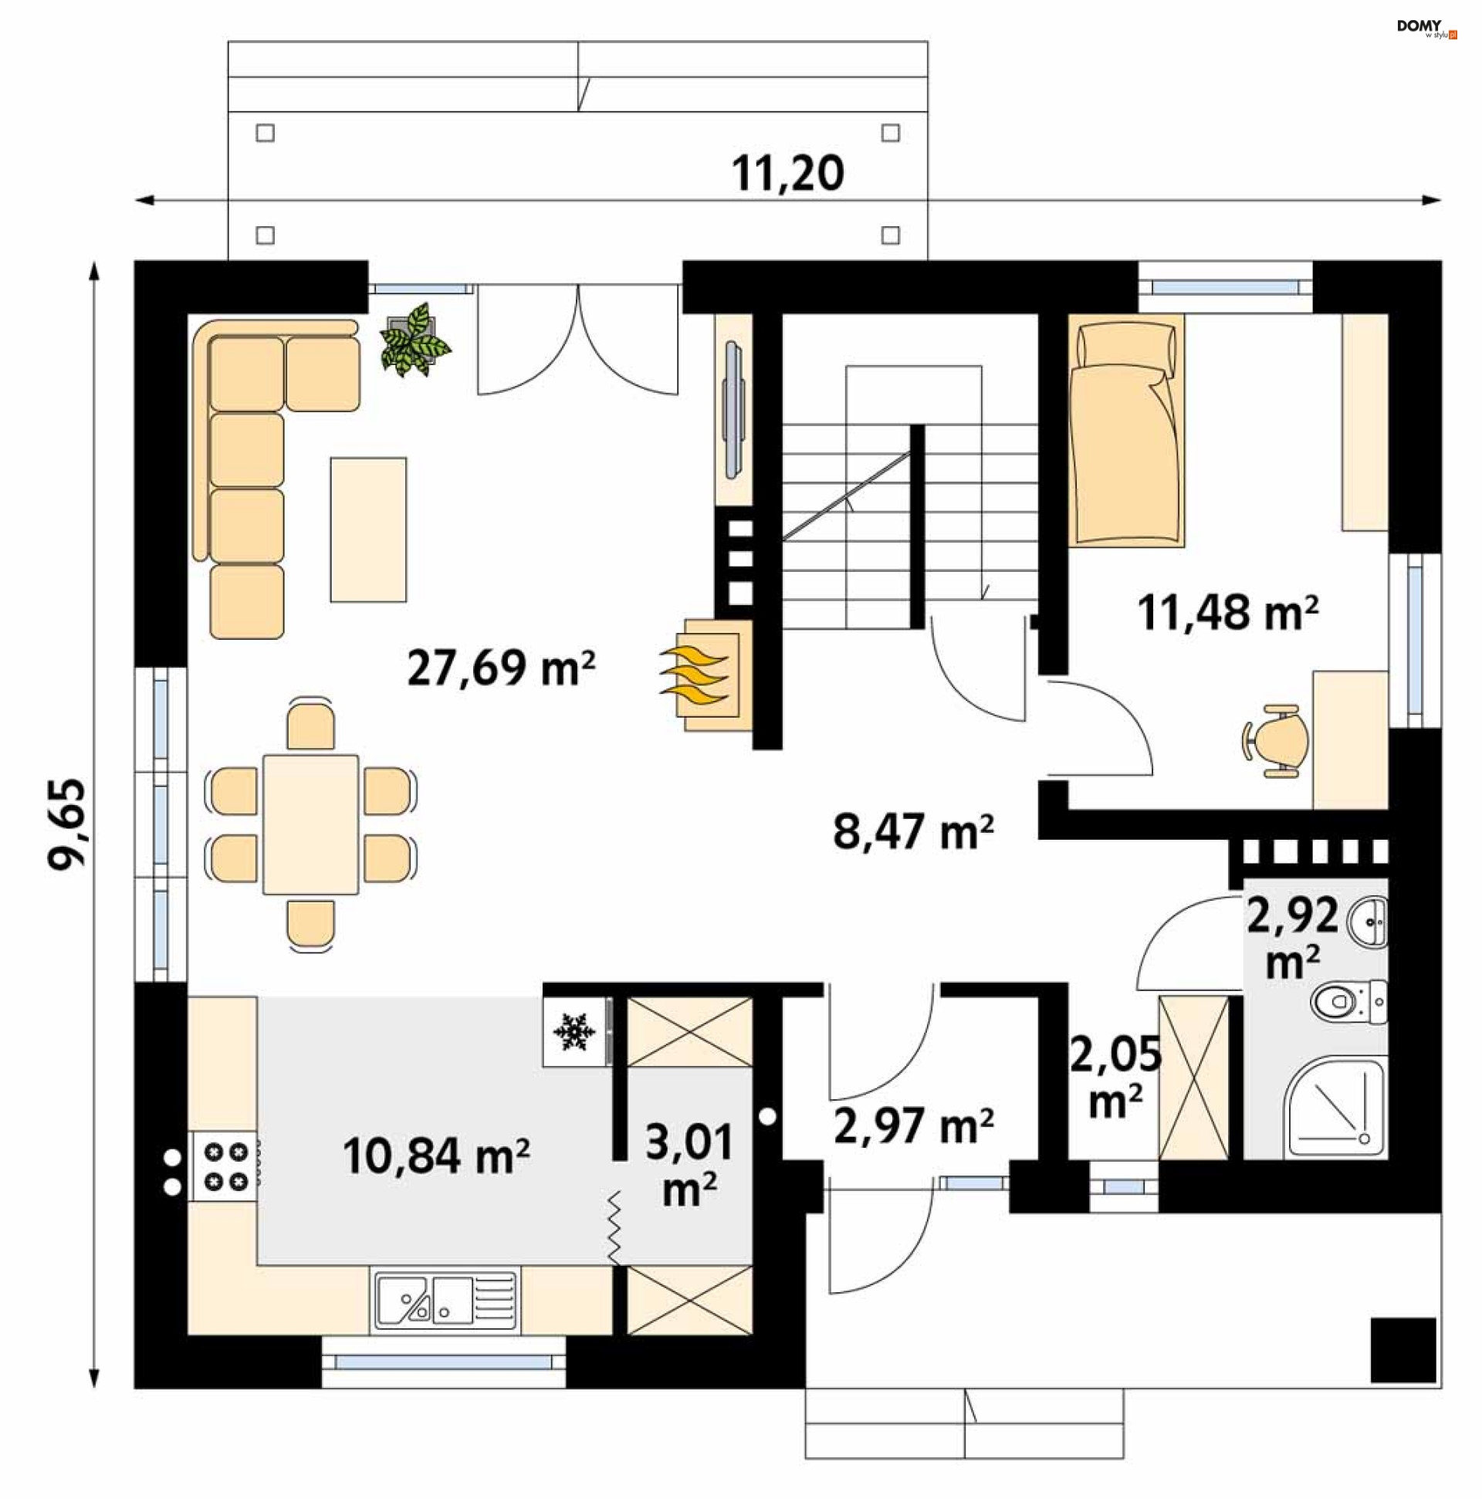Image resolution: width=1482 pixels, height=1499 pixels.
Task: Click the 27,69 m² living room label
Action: pos(500,668)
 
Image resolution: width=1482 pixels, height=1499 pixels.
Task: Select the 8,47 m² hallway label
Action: pos(912,832)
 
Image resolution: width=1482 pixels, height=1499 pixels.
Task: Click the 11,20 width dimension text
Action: pos(787,173)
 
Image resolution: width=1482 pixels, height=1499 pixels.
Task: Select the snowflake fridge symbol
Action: pos(574,1033)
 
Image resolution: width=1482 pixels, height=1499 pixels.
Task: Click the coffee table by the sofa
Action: pos(367,530)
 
